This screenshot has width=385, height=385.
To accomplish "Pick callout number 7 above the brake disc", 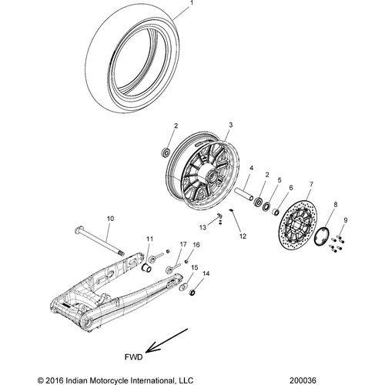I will point(310,185).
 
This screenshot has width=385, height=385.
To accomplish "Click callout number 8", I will point(334,206).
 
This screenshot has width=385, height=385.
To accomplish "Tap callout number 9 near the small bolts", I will point(346,221).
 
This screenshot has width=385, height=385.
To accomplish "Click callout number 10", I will point(109,219).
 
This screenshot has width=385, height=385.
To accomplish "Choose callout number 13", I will point(203,228).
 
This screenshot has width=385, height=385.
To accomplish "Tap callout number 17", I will point(182,245).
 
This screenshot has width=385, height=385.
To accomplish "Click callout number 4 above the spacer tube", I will point(249,168).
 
